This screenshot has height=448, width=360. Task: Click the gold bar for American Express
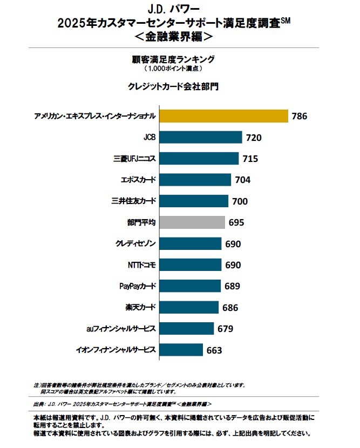click(x=223, y=116)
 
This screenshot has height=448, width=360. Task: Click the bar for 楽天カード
click(x=189, y=307)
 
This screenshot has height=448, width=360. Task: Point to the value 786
click(x=300, y=117)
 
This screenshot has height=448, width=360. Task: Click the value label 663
click(x=214, y=350)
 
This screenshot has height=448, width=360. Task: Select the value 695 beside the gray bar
click(x=236, y=222)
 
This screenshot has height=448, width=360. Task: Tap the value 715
click(x=250, y=159)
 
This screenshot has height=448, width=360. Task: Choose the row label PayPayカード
click(x=138, y=286)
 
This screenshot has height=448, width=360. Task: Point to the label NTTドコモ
click(x=140, y=264)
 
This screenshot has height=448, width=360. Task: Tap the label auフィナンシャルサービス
click(x=121, y=328)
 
